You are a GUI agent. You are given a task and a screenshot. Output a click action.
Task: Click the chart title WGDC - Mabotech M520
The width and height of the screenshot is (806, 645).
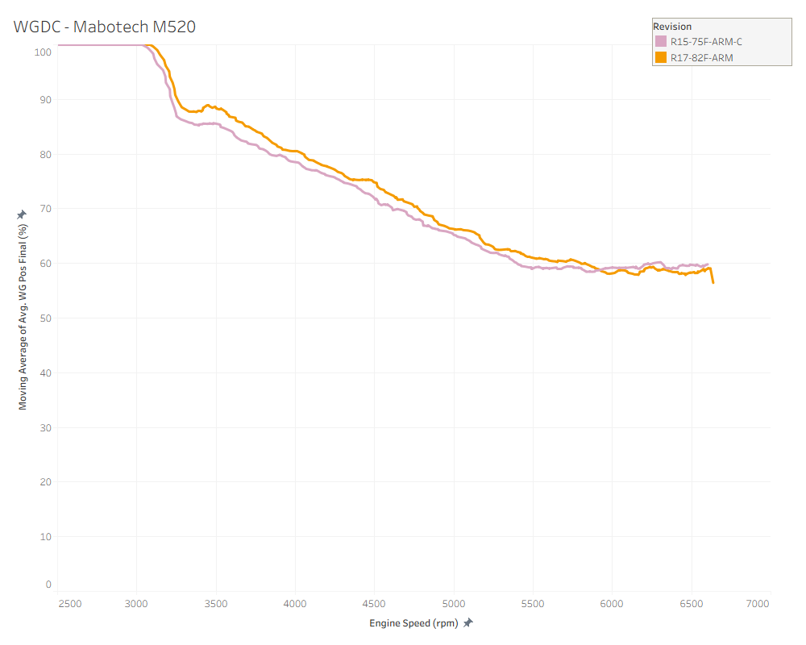[x=105, y=27]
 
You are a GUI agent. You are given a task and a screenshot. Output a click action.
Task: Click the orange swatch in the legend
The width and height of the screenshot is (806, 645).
[x=661, y=57]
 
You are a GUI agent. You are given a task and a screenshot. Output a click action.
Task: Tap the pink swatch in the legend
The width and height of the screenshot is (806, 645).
[x=661, y=41]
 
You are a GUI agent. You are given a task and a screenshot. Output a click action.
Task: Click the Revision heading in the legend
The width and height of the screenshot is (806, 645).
[x=672, y=27]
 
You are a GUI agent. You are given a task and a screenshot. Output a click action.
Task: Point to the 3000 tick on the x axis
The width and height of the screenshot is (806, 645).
[x=136, y=604]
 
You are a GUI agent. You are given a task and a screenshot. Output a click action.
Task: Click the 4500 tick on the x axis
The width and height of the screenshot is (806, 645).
[x=374, y=604]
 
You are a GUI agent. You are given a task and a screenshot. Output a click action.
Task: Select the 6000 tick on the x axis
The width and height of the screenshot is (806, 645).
[x=612, y=604]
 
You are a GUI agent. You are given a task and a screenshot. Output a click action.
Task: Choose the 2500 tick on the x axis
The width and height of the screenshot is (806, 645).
[x=69, y=604]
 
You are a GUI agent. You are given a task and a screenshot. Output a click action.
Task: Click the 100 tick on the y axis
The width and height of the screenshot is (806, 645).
[x=44, y=52]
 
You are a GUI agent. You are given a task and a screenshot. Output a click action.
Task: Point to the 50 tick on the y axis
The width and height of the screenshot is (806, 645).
[x=46, y=318]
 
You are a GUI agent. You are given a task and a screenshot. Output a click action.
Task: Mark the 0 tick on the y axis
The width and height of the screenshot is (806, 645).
[x=48, y=585]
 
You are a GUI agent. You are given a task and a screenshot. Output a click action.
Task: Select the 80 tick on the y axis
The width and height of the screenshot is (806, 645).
[x=46, y=154]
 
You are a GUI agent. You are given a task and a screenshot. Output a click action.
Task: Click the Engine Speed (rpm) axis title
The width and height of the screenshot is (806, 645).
[x=413, y=623]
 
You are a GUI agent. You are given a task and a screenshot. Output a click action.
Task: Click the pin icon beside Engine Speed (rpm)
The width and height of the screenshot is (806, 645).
[x=467, y=622]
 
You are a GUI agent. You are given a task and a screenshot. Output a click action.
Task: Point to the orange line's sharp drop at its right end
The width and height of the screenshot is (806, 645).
[x=713, y=277]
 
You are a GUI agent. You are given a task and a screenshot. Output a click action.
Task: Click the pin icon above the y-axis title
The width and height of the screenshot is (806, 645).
[x=23, y=214]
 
